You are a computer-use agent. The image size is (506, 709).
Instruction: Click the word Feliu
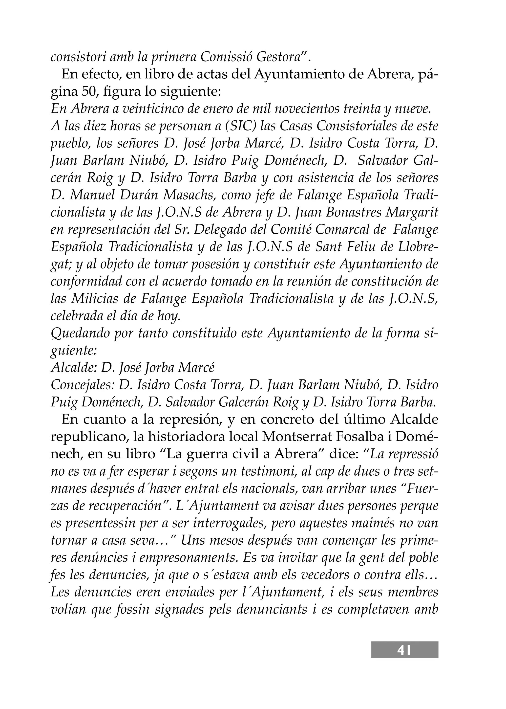point(358,247)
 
